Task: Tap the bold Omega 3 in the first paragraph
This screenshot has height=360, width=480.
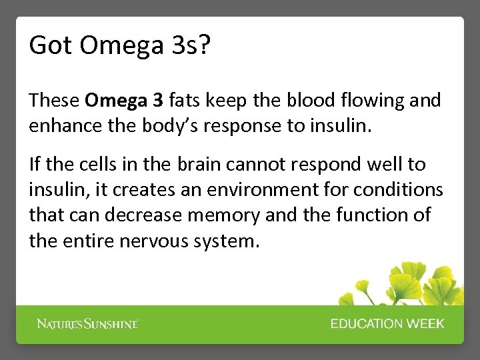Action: pyautogui.click(x=124, y=101)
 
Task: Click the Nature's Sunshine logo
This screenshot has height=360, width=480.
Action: pyautogui.click(x=87, y=324)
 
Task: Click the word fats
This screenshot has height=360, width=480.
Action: pyautogui.click(x=185, y=101)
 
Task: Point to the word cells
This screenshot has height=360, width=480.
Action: pyautogui.click(x=94, y=164)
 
